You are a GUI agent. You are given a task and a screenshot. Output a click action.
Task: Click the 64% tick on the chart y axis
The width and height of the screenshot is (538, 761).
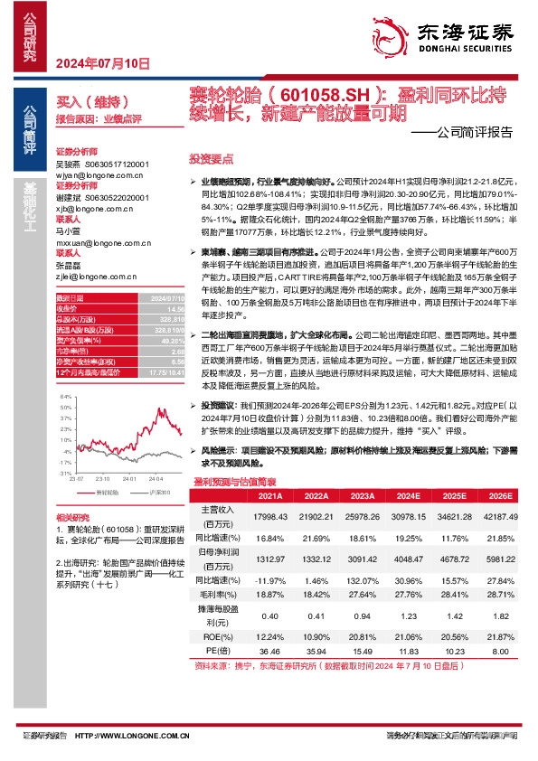[64, 397]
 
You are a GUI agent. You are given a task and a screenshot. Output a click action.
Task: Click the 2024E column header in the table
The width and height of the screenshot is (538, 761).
[407, 496]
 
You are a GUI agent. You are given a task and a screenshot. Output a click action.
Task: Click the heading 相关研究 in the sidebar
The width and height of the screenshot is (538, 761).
[71, 515]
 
